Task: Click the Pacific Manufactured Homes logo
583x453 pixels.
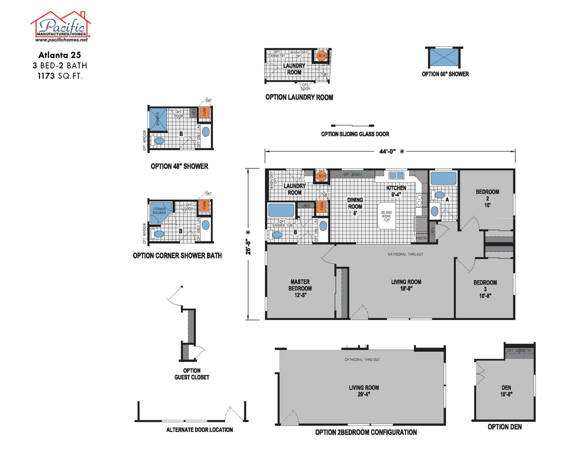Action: (x=61, y=26)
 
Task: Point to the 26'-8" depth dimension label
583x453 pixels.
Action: (x=248, y=244)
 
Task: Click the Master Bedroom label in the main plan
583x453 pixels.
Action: (x=300, y=288)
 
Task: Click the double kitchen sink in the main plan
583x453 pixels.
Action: (x=396, y=176)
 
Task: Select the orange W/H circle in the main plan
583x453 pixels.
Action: (x=321, y=176)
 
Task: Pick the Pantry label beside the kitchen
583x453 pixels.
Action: (x=421, y=238)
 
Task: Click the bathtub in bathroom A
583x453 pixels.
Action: (x=443, y=178)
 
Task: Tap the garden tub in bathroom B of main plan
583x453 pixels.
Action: (x=281, y=210)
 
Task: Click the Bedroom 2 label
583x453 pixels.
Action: (x=487, y=195)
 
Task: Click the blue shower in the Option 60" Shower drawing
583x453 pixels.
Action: (x=444, y=57)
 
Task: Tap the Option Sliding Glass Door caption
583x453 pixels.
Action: (x=355, y=134)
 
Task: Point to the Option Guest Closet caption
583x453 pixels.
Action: (x=192, y=374)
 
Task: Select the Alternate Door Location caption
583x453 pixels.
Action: (x=199, y=430)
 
